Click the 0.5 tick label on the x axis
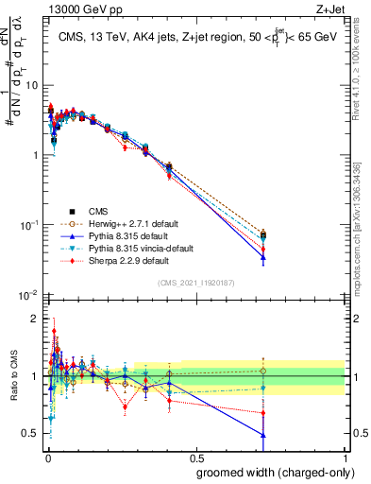point(194,457)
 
